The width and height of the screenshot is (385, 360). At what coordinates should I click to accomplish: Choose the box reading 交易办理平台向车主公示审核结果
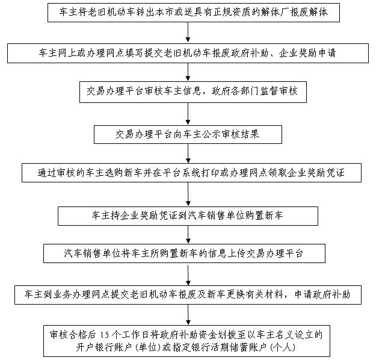188,133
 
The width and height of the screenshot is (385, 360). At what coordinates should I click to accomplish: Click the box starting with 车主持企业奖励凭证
188,214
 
